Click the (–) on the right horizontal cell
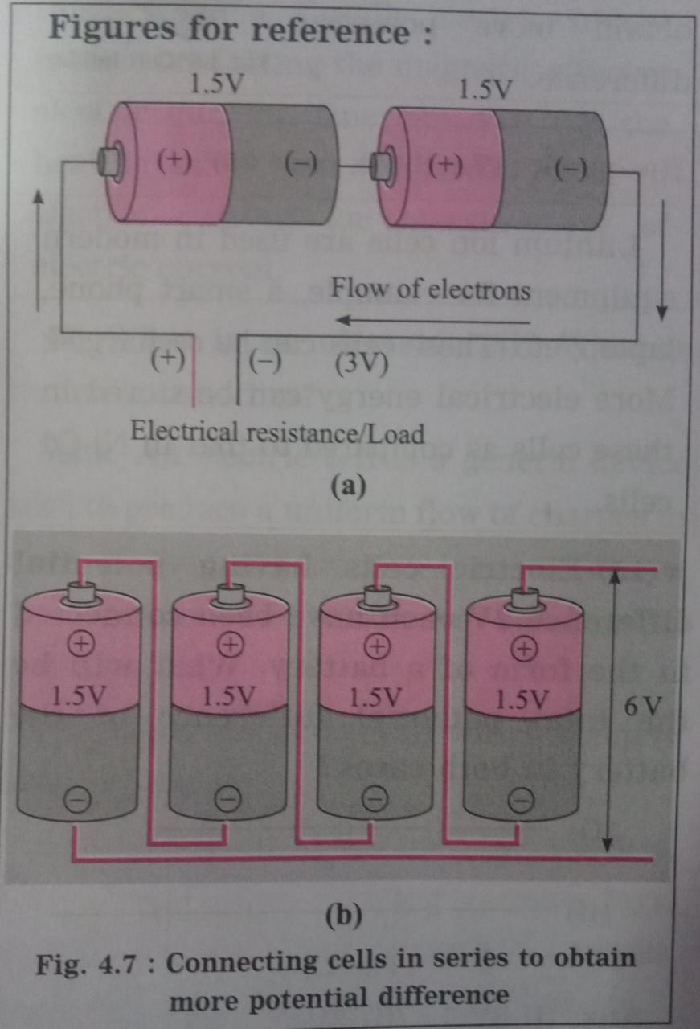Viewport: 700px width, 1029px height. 571,170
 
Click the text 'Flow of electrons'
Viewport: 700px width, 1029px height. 431,288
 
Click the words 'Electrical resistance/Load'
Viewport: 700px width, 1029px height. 277,433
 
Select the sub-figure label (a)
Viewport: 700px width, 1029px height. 347,487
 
